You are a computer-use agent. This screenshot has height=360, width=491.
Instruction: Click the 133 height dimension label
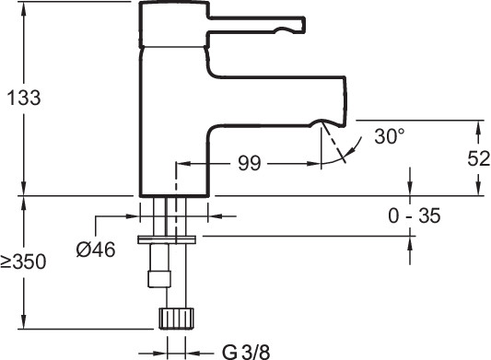pyautogui.click(x=24, y=98)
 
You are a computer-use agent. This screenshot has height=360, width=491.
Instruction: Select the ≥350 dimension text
pyautogui.click(x=23, y=261)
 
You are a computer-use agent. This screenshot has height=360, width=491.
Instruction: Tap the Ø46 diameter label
pyautogui.click(x=96, y=250)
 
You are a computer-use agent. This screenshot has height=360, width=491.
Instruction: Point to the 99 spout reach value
pyautogui.click(x=250, y=163)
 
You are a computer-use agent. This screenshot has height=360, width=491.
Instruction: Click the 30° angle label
pyautogui.click(x=390, y=136)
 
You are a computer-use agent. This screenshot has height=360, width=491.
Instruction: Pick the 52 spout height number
pyautogui.click(x=478, y=158)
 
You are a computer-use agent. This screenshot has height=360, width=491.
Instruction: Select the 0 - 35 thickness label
pyautogui.click(x=415, y=215)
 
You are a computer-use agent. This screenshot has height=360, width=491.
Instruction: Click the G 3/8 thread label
pyautogui.click(x=246, y=352)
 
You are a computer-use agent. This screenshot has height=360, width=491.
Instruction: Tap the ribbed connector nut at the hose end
pyautogui.click(x=176, y=319)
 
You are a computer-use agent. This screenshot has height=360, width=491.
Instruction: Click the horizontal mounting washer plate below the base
pyautogui.click(x=167, y=239)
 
